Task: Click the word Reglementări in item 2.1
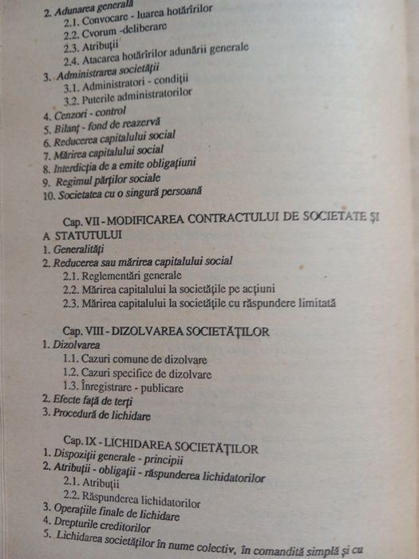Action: [x=111, y=276]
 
